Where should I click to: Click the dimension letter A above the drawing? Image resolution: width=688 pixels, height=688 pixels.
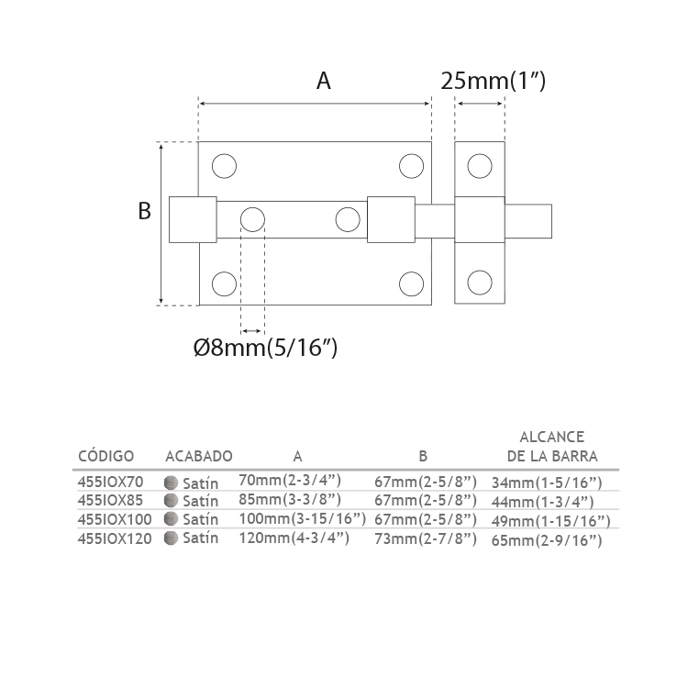[324, 81]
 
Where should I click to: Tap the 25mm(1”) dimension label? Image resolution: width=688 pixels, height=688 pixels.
[494, 81]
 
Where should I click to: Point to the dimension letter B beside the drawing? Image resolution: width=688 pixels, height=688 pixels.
[144, 211]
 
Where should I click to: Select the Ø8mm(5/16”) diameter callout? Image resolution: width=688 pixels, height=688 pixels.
[265, 348]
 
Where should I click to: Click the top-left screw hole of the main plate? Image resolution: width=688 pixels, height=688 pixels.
[224, 166]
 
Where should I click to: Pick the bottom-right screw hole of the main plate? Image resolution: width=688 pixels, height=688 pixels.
[412, 283]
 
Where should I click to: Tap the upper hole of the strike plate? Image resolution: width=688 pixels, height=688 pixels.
[480, 166]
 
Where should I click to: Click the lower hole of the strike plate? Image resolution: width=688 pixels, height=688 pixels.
[480, 283]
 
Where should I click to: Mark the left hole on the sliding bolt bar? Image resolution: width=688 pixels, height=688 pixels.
[253, 219]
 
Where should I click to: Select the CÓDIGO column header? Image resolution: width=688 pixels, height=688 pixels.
[105, 456]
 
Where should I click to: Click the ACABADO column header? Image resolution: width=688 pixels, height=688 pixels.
[199, 456]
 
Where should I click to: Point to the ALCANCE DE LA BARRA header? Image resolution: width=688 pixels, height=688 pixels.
[552, 447]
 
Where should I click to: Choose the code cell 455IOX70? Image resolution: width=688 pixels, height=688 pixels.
[111, 482]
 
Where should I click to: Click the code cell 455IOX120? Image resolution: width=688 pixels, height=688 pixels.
[115, 538]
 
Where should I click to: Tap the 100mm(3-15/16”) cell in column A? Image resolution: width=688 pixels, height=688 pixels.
[303, 518]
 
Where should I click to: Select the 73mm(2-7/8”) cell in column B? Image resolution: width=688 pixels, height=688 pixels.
[425, 538]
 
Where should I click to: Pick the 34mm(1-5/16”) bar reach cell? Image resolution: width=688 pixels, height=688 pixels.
[547, 483]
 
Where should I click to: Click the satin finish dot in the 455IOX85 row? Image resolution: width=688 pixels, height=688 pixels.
[171, 500]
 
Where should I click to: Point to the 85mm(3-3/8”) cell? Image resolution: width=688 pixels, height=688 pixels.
[290, 500]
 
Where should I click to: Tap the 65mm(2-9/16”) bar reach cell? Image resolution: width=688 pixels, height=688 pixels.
[547, 540]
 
